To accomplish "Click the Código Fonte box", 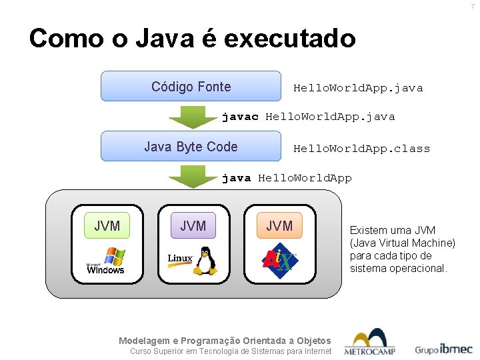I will coord(191,87).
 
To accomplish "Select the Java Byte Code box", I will coord(191,147).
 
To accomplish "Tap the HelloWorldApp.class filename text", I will coord(361,149).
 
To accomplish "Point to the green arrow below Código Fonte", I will coord(187,116).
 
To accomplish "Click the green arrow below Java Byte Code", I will coord(187,177).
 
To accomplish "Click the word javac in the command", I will coord(240,117).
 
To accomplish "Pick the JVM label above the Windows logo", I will coord(107,226).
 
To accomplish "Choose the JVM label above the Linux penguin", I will coord(193,226).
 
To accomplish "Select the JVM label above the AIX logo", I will coord(279,226).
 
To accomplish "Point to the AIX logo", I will coord(279,260).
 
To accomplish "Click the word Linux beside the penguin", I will coord(180,258).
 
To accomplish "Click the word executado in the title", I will coord(290,38).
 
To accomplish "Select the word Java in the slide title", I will coord(159,38).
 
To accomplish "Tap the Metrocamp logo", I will coord(370,343).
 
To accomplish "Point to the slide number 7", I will coord(472,6).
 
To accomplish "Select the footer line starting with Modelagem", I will coord(224,340).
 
